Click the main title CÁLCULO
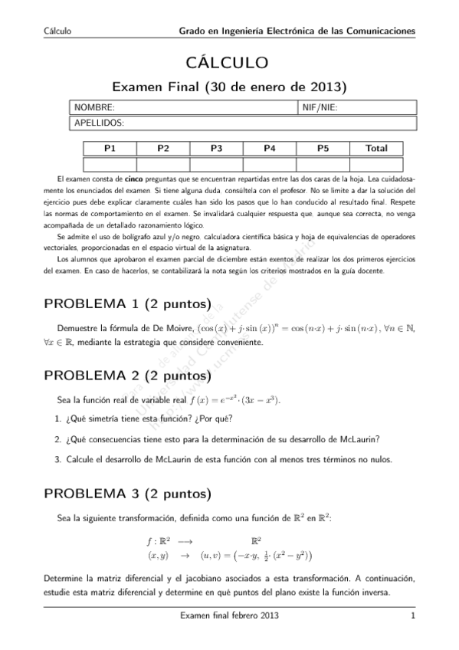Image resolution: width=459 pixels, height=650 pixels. click(229, 61)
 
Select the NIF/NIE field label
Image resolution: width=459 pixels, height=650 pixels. click(320, 108)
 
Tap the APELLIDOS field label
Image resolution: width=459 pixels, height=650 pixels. click(100, 123)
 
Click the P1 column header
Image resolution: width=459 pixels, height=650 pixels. click(109, 149)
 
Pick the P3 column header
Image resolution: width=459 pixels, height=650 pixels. click(216, 149)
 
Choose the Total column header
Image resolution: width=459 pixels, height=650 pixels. click(376, 149)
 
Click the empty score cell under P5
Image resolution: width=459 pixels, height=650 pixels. click(323, 163)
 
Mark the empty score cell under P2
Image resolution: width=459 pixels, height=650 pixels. click(162, 163)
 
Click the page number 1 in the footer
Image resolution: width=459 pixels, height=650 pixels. click(412, 616)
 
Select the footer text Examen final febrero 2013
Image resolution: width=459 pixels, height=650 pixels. click(228, 616)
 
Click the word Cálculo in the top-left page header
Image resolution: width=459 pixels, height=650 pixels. click(57, 31)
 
